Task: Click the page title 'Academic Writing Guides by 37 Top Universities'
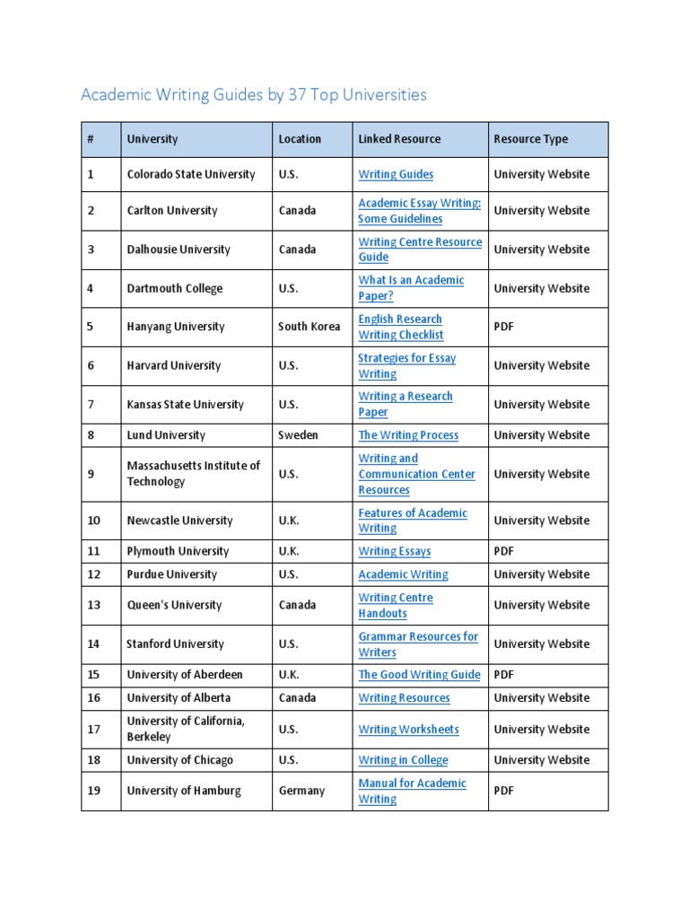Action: [x=254, y=94]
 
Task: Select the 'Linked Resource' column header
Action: [x=399, y=139]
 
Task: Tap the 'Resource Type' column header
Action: [x=530, y=139]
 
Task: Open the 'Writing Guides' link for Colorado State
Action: [x=396, y=174]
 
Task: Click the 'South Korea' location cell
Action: [x=309, y=327]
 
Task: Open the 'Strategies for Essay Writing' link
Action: [x=406, y=365]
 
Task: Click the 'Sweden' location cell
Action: [x=298, y=435]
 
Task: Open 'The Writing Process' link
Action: [x=408, y=435]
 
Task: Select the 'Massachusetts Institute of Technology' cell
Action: [x=193, y=474]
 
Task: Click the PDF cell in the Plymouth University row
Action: [x=504, y=551]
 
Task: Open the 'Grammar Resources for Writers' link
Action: [x=418, y=644]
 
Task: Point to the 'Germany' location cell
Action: [x=301, y=791]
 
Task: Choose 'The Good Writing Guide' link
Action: [x=419, y=675]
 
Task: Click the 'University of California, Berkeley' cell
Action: [x=186, y=729]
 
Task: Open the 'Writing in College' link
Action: [x=403, y=760]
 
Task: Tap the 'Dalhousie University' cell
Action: [x=179, y=249]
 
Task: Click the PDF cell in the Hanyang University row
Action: [x=504, y=327]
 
